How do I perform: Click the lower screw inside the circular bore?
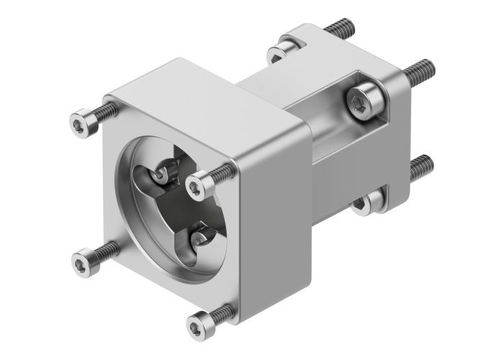coord(201,235)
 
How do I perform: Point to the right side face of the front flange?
coord(277,230)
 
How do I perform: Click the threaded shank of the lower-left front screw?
coord(107,250)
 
